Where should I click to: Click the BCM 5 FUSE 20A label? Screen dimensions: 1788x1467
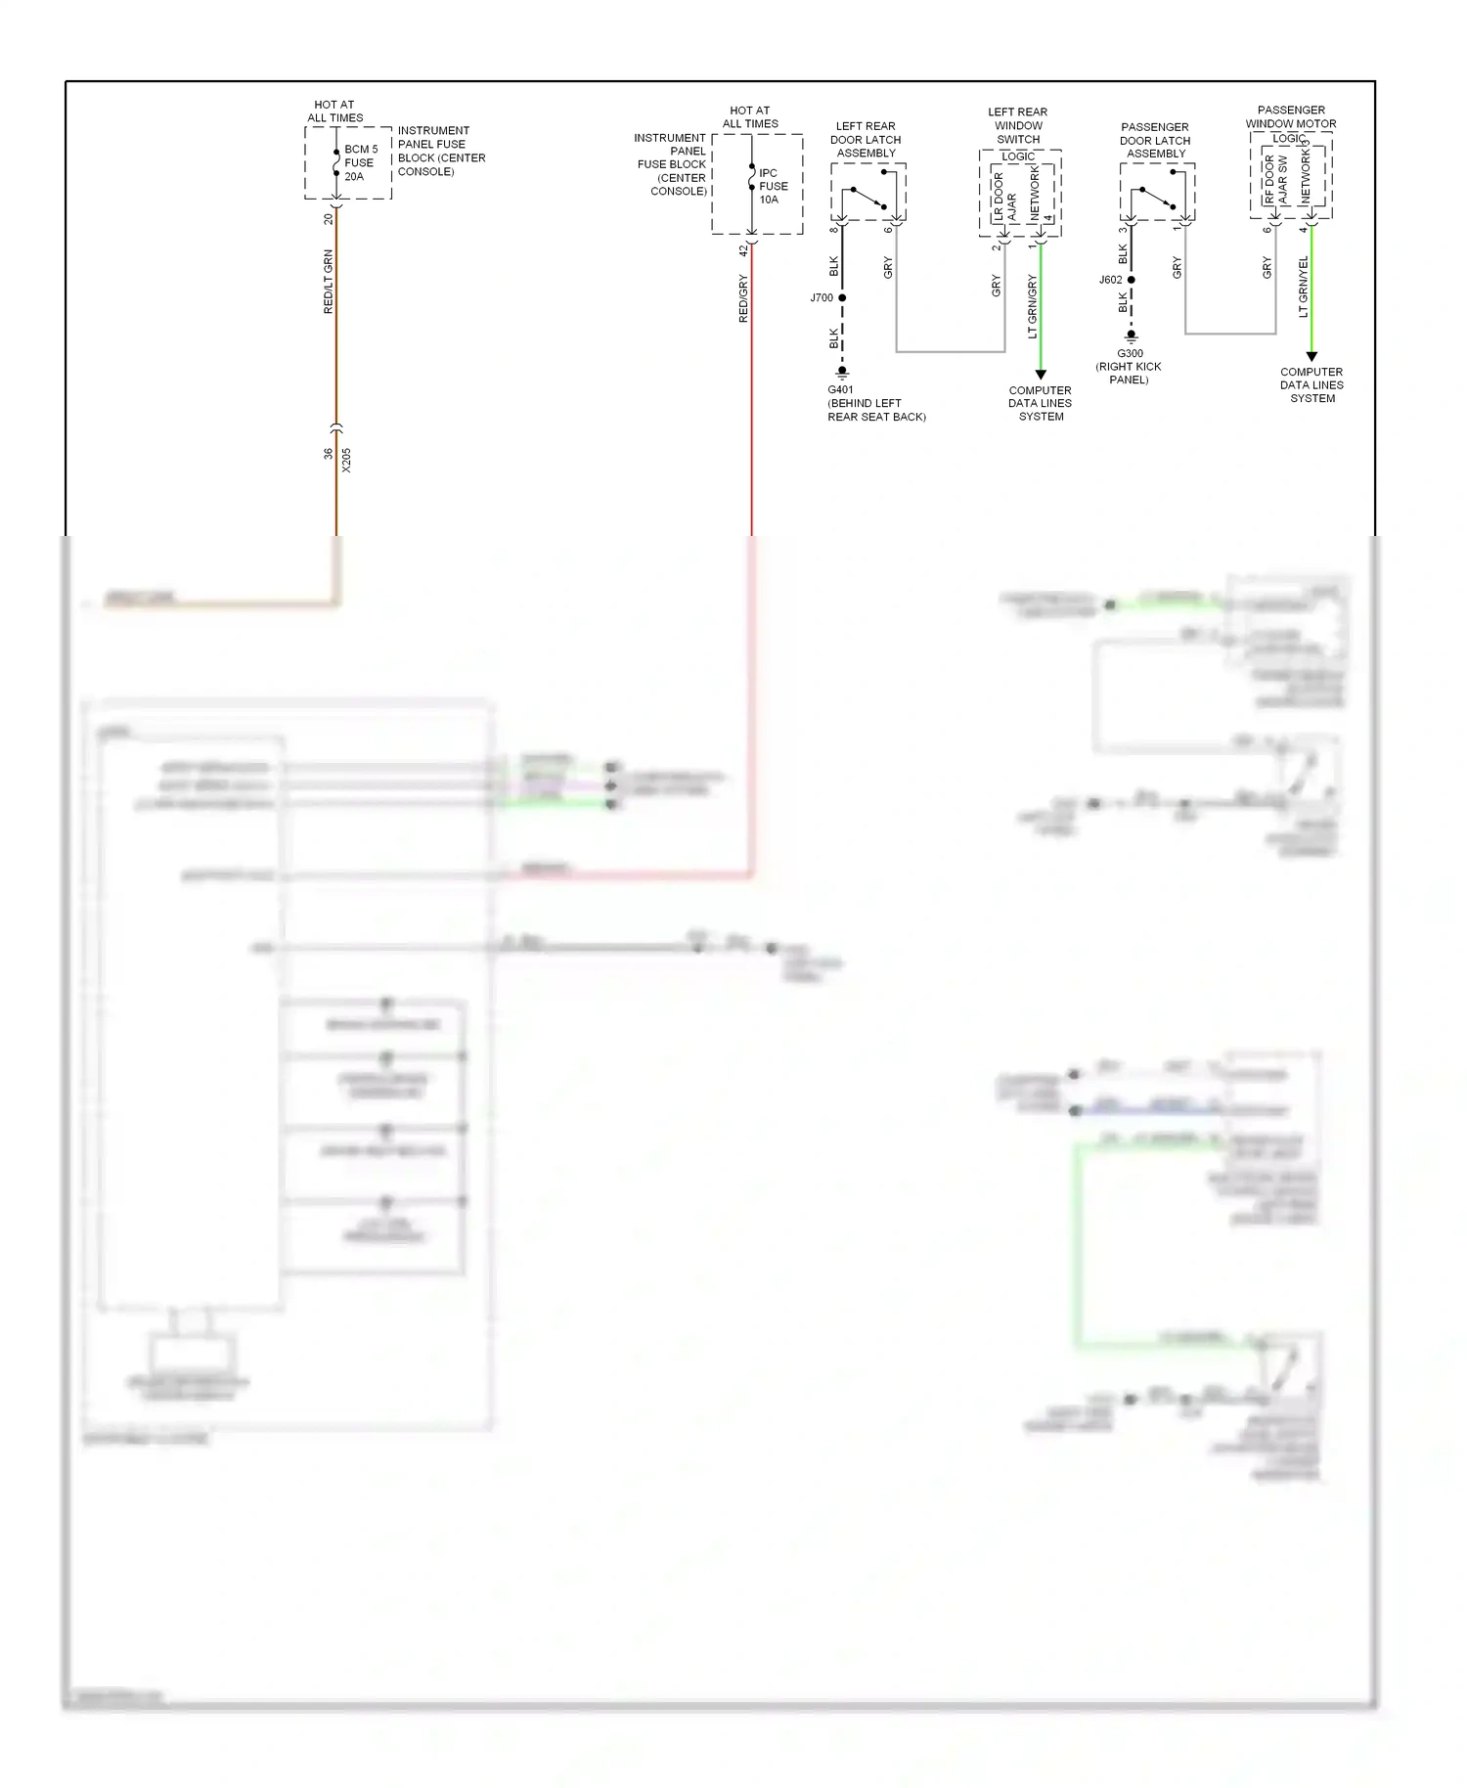click(x=360, y=163)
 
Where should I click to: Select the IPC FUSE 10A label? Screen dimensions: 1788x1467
click(x=773, y=186)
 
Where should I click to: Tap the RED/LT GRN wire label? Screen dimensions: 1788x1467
click(x=329, y=282)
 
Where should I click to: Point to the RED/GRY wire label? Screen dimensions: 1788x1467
click(x=743, y=298)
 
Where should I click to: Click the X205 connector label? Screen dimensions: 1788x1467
click(x=346, y=461)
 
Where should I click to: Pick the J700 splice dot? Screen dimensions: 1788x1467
click(x=842, y=297)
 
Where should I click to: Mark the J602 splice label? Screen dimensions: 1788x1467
click(x=1110, y=280)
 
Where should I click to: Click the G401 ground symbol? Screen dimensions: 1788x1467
click(x=842, y=373)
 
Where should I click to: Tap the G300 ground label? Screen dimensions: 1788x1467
click(x=1130, y=353)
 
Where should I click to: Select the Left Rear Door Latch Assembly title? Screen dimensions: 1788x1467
click(x=866, y=140)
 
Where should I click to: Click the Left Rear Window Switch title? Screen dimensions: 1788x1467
click(x=1018, y=125)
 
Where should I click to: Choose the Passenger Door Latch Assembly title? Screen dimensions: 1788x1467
click(x=1155, y=140)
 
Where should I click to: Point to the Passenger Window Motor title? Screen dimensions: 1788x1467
click(x=1291, y=116)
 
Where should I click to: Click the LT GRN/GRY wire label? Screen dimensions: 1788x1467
click(x=1033, y=306)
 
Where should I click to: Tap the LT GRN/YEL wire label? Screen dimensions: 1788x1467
click(x=1303, y=287)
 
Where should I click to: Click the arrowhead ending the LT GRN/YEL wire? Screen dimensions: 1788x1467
click(x=1311, y=357)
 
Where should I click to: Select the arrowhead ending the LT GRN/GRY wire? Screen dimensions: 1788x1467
click(x=1041, y=375)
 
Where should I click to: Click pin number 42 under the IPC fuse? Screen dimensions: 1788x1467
click(x=743, y=250)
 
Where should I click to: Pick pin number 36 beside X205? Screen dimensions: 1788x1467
click(x=329, y=454)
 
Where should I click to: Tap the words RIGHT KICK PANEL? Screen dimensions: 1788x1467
click(x=1129, y=373)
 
